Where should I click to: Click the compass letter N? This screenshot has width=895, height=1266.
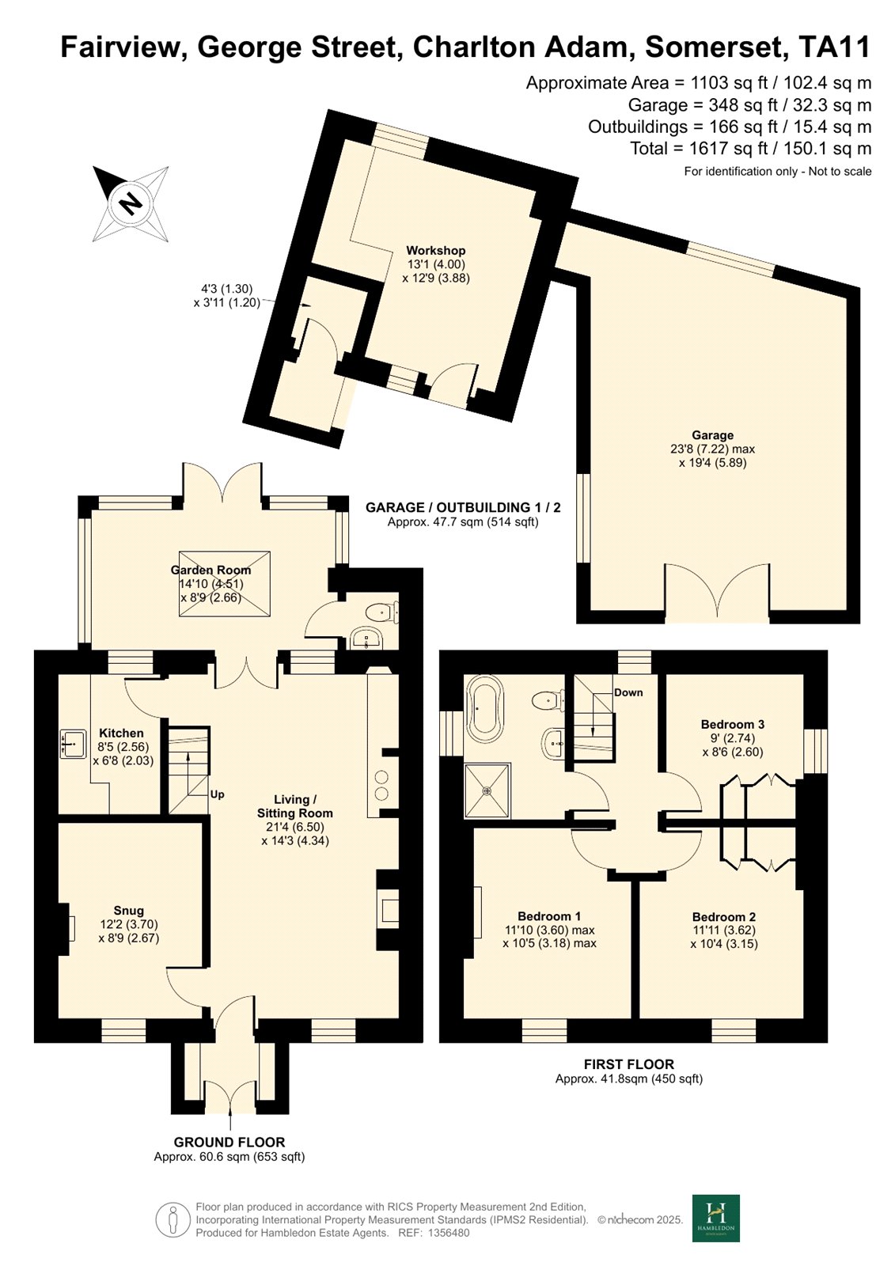[x=131, y=203]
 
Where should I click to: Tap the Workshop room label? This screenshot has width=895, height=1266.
[x=435, y=250]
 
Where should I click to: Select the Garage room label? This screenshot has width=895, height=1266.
[x=712, y=435]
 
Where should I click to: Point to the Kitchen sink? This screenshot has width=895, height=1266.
[x=73, y=743]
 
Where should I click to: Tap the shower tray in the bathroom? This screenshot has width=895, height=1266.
[x=487, y=790]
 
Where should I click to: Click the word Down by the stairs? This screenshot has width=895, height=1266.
[x=628, y=693]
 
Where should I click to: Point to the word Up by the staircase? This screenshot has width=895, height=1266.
[x=217, y=794]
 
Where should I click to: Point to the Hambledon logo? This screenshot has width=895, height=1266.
[x=716, y=1226]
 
